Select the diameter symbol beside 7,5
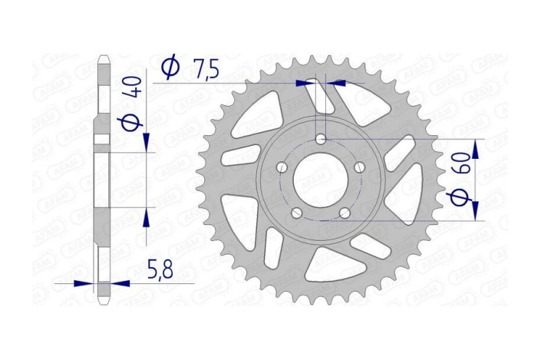[x=171, y=68]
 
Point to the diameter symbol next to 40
[x=134, y=122]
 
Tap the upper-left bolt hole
[x=282, y=167]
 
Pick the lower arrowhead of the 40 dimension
[x=146, y=217]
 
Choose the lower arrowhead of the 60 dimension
[x=476, y=210]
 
